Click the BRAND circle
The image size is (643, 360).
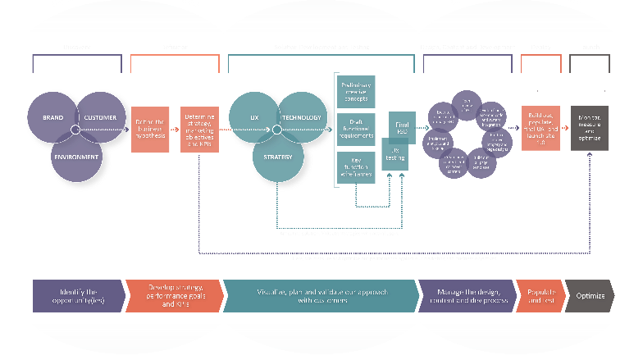pos(52,118)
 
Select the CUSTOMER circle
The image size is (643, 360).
pos(101,118)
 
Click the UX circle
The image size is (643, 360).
pos(253,118)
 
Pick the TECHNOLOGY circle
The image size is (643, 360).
pos(303,118)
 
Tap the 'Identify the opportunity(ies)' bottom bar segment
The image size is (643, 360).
pos(79,297)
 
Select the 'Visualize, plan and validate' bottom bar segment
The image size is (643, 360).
pos(321,297)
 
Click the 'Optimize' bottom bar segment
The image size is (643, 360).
pos(590,297)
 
